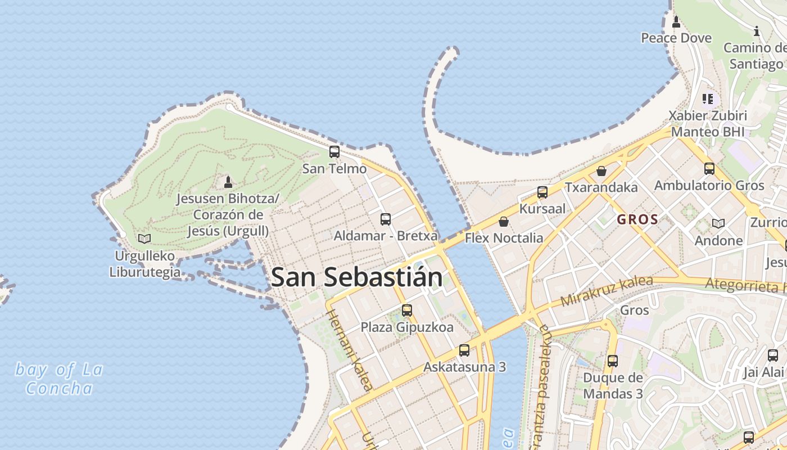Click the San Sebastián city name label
point(356,277)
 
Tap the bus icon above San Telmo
point(334,151)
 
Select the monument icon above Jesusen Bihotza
point(228,182)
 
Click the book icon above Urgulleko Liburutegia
point(144,238)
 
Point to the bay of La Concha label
point(59,379)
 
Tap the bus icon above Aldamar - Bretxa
point(385,219)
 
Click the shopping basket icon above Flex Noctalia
point(504,222)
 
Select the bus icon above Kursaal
point(542,192)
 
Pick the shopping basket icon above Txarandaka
point(601,170)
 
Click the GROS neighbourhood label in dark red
point(637,219)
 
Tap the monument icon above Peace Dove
point(676,22)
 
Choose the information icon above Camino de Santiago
point(757,31)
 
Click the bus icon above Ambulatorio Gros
point(709,168)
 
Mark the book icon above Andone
point(718,223)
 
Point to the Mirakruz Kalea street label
point(607,291)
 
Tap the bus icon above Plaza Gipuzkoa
point(407,310)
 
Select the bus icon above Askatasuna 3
point(464,350)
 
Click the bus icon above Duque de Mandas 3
point(613,361)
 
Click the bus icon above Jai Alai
point(773,355)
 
